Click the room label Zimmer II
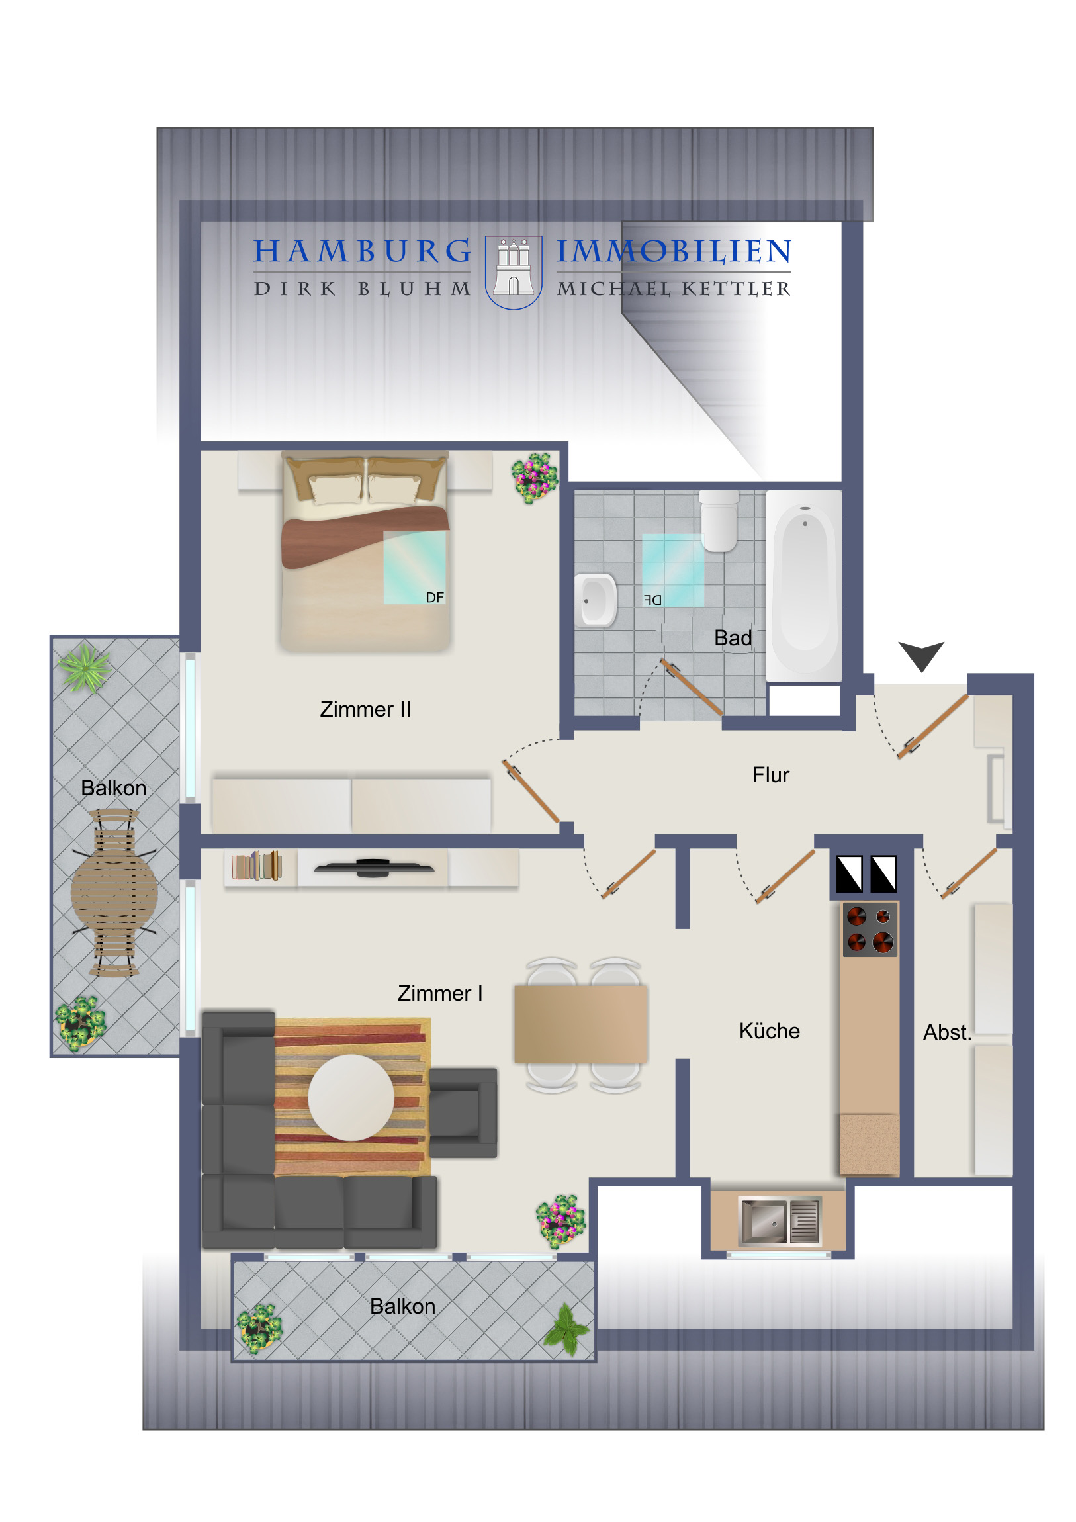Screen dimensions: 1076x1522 coord(365,709)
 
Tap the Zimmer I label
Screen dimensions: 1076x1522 coord(439,993)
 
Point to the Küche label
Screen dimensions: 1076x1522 coord(769,1031)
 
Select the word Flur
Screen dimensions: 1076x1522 coord(770,775)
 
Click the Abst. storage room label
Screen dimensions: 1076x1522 coord(947,1032)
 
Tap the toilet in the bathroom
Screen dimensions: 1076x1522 coord(719,521)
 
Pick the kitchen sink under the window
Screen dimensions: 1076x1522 coord(780,1220)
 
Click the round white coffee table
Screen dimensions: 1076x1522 coord(351,1098)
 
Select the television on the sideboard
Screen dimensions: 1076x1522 coord(373,867)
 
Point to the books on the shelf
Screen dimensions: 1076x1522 coord(257,866)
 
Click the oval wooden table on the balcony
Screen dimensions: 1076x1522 coord(114,893)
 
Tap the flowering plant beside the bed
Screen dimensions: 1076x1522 coord(534,477)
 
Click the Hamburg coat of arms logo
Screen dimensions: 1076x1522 coord(513,272)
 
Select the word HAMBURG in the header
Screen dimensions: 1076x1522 coord(362,251)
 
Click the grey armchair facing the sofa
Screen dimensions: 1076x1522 coord(463,1112)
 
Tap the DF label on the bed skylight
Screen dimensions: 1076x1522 coord(435,598)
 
